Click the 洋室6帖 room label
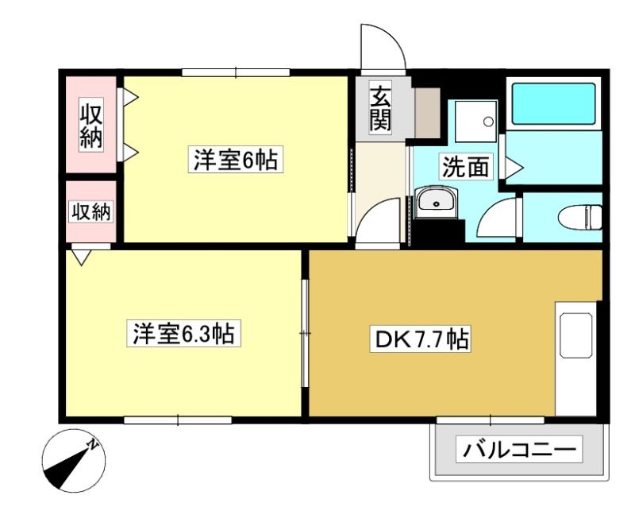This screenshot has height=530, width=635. (x=235, y=160)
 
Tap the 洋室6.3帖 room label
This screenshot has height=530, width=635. (x=184, y=333)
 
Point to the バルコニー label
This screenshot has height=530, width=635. (x=519, y=449)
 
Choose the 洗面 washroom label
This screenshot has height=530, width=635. (x=465, y=167)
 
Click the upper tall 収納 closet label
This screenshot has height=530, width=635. (x=90, y=126)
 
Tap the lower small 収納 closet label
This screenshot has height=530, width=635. (x=91, y=211)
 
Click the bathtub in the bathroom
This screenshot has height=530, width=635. (x=553, y=104)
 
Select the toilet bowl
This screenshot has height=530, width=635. (x=580, y=218)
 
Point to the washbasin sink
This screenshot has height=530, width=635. (x=437, y=202)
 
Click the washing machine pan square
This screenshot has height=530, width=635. (x=475, y=122)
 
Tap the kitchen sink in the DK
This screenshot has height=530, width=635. (x=576, y=335)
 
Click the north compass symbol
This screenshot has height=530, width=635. (x=74, y=461)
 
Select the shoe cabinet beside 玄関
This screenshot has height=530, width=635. (x=427, y=113)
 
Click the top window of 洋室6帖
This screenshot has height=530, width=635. (x=236, y=72)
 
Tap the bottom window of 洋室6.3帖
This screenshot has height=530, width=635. (x=178, y=420)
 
